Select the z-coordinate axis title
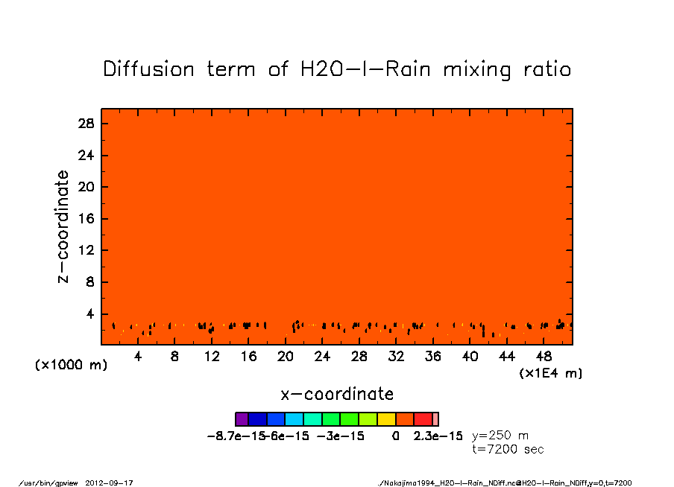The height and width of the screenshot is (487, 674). (63, 226)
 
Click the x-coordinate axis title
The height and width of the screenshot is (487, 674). (337, 394)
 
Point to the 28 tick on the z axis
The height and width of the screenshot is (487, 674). (86, 124)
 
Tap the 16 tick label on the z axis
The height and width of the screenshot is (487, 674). (86, 219)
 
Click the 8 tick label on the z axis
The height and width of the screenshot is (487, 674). (90, 282)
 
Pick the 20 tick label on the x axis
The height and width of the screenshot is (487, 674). (286, 357)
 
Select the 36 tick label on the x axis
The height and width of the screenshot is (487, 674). (433, 357)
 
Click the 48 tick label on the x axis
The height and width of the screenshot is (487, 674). (544, 357)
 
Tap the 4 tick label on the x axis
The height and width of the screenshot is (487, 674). (138, 357)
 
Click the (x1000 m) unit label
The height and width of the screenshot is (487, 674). (69, 366)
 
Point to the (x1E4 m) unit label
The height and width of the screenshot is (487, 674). (551, 373)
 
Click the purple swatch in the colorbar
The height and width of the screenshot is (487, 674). (242, 419)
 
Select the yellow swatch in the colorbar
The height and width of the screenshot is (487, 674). (387, 419)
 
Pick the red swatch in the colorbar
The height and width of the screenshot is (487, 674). (423, 419)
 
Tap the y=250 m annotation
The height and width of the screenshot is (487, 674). (501, 436)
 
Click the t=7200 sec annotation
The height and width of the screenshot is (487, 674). (508, 449)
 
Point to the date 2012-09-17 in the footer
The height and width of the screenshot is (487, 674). (115, 483)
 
